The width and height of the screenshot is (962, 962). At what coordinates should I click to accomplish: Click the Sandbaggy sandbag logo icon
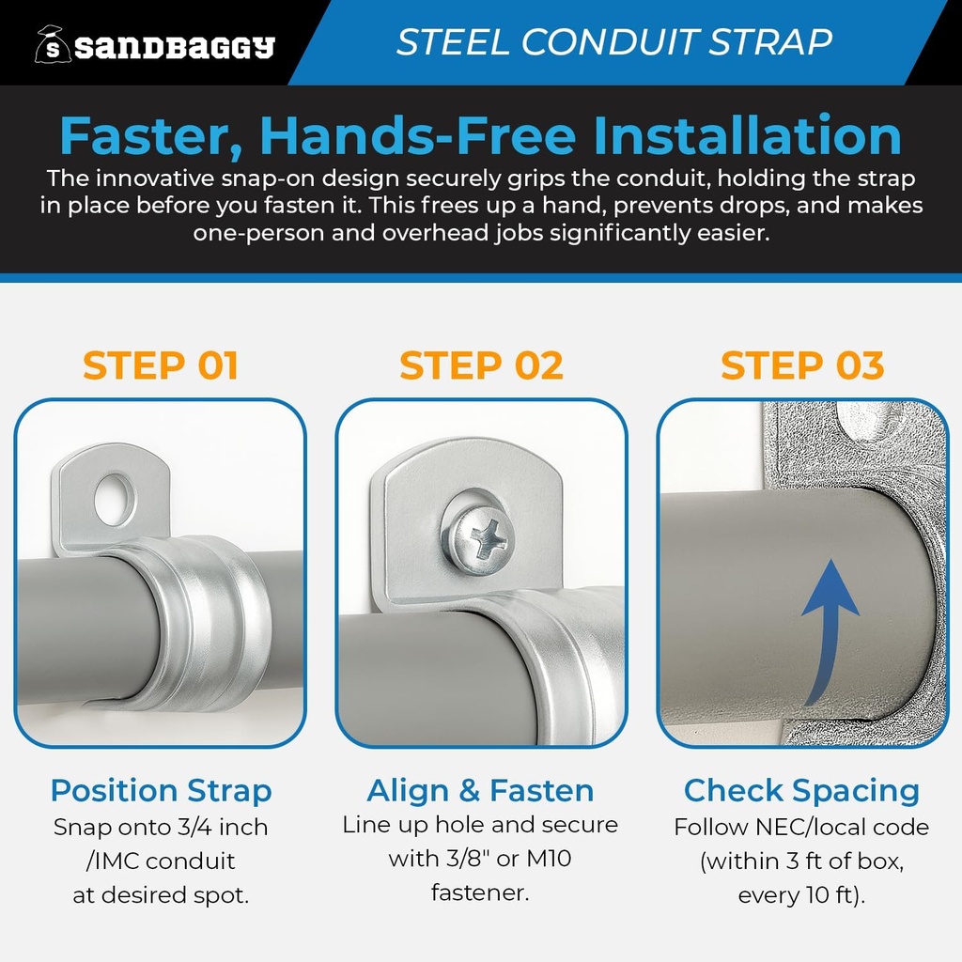(x=53, y=43)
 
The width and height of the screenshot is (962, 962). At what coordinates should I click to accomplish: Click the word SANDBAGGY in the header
(x=175, y=46)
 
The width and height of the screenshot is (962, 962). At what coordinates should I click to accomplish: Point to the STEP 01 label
(x=161, y=365)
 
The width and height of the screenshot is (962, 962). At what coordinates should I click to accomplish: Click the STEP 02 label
(x=481, y=365)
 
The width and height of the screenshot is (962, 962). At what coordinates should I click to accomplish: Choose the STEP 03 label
(x=802, y=365)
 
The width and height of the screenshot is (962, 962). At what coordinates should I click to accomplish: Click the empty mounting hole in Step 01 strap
(x=115, y=499)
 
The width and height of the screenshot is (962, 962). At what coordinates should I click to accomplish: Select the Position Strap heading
(x=161, y=791)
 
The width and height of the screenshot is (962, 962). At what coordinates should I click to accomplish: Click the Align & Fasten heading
(x=481, y=791)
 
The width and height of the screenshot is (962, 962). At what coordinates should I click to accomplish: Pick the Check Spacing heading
(x=801, y=791)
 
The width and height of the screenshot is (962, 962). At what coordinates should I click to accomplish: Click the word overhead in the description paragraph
(x=437, y=233)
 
